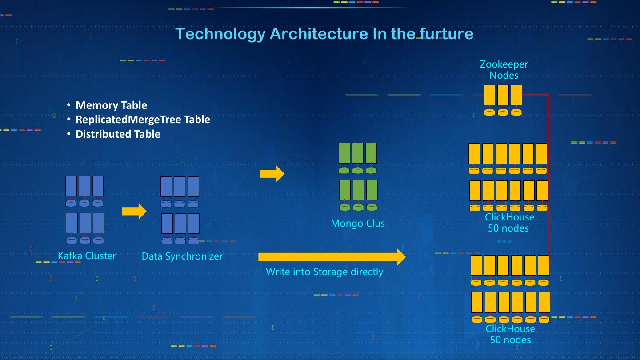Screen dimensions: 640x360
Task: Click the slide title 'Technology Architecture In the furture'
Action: pos(324,34)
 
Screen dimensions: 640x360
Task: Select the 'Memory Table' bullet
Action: pos(111,105)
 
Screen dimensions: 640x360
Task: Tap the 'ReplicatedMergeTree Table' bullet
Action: pos(143,120)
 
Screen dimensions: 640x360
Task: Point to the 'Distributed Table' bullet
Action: pos(118,134)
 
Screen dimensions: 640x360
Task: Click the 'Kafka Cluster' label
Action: pos(87,256)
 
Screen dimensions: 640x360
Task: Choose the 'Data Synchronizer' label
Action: pos(182,256)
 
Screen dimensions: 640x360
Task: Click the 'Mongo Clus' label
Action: pos(358,223)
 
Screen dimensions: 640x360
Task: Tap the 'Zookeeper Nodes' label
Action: pos(504,70)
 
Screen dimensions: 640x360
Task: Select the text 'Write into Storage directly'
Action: pos(324,272)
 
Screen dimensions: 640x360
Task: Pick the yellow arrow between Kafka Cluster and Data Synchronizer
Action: pos(134,211)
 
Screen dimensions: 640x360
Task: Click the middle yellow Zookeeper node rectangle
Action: pos(503,95)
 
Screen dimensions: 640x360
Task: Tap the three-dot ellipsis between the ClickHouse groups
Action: pos(504,241)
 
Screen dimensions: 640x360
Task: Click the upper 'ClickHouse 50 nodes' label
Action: pos(509,223)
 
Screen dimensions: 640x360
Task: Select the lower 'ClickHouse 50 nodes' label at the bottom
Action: pos(510,334)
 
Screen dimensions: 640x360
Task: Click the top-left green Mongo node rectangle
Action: pos(344,153)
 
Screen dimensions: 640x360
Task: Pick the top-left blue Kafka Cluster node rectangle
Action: pos(71,186)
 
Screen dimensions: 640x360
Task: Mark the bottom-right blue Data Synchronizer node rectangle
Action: pos(194,224)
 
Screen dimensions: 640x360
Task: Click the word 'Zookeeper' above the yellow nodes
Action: pos(504,64)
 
